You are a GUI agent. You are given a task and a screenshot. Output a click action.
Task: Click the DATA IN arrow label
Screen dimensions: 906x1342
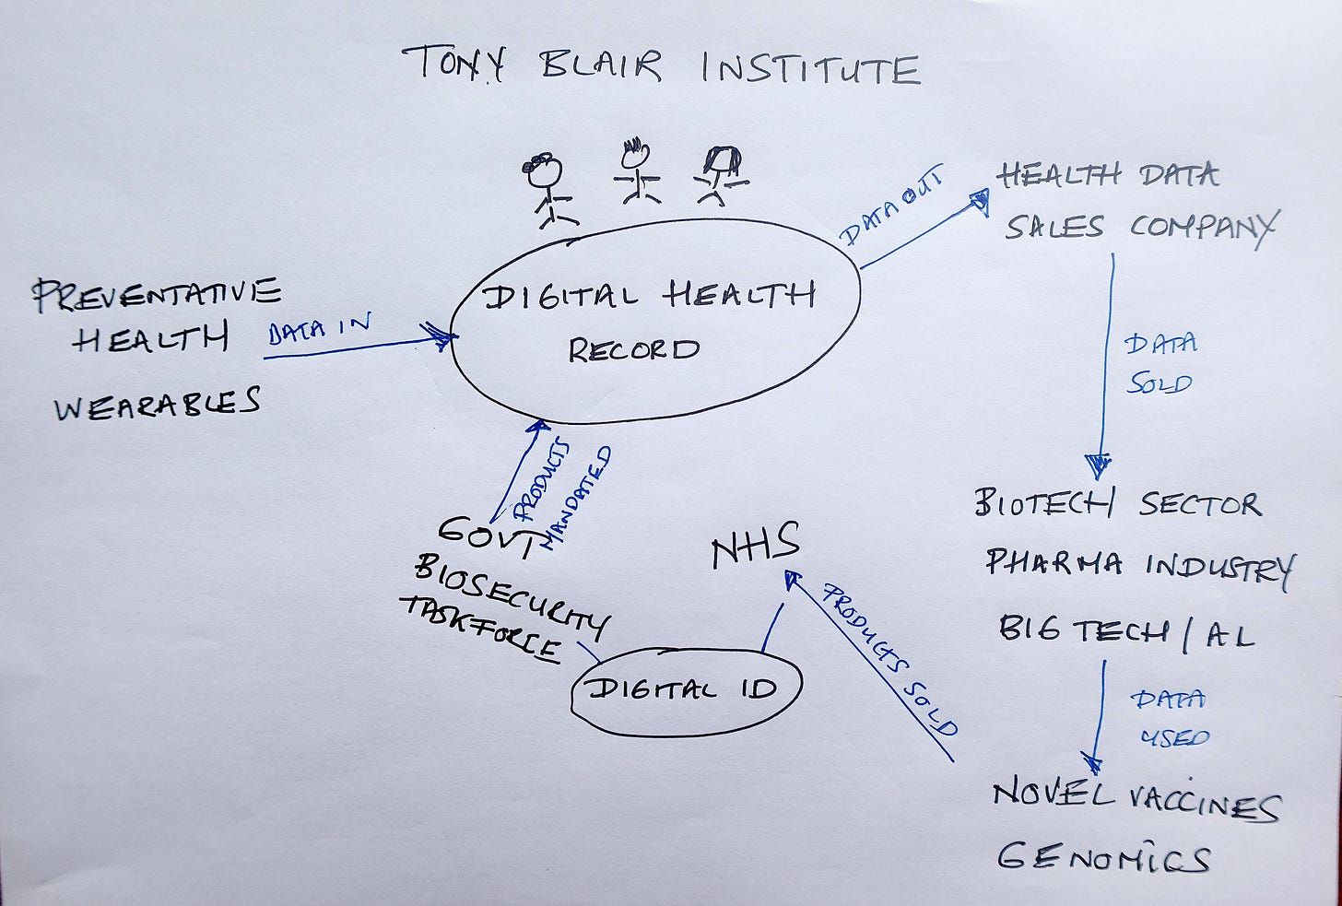[319, 329]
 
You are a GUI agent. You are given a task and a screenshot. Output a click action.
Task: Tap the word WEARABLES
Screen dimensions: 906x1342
[158, 404]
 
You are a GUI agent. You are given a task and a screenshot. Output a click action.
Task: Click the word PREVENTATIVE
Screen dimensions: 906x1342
[157, 294]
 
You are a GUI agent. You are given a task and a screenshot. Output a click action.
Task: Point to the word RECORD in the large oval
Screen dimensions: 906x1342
[633, 350]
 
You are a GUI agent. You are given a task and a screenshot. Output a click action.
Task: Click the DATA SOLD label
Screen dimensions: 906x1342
[1160, 363]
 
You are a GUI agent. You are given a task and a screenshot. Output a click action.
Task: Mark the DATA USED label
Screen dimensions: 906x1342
[1169, 718]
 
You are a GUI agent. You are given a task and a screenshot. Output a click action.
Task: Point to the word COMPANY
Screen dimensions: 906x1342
[1204, 226]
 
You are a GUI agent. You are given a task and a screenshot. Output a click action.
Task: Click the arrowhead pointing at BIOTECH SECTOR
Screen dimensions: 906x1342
[1099, 466]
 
